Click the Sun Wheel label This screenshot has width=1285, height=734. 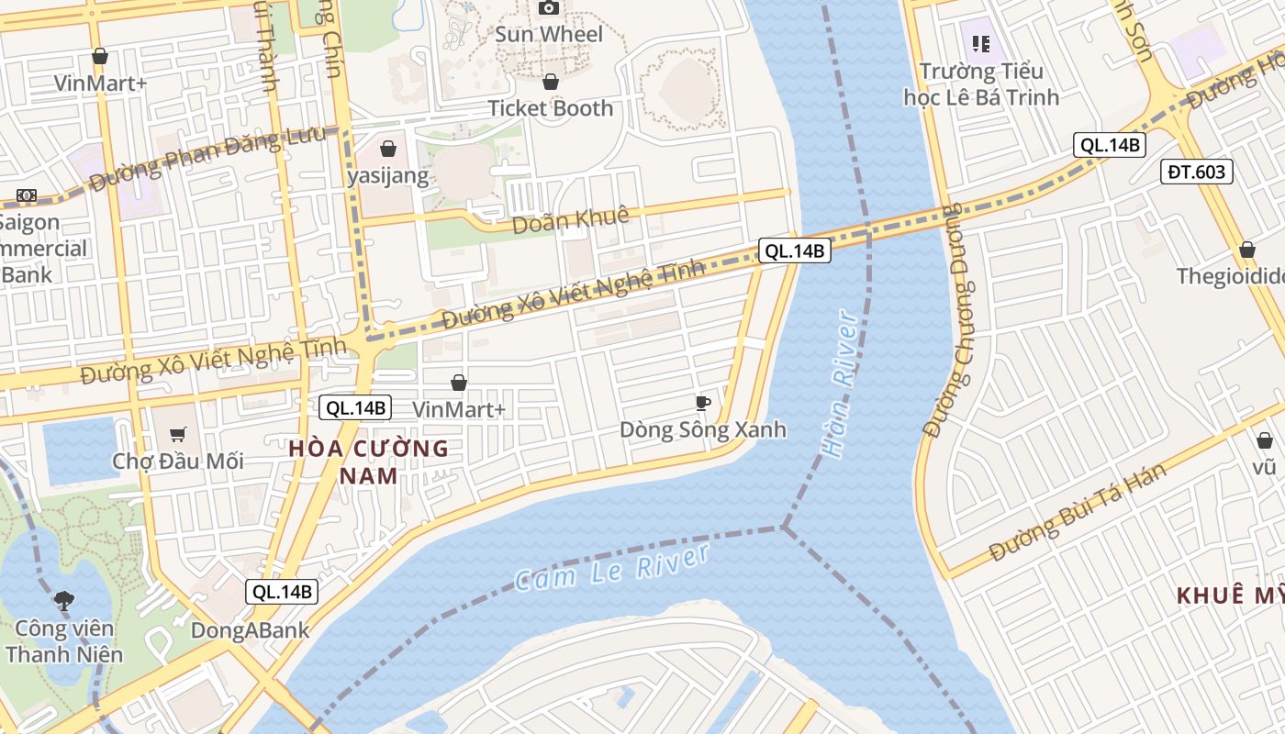(x=549, y=35)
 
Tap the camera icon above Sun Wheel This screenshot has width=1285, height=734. (x=549, y=8)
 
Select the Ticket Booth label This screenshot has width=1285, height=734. (x=550, y=108)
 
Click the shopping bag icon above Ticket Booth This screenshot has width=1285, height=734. (x=551, y=82)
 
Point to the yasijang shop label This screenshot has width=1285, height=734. (x=388, y=175)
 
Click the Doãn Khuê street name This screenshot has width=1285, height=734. (x=570, y=220)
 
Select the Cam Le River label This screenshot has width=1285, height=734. (x=612, y=566)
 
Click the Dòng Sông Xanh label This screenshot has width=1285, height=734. (x=702, y=429)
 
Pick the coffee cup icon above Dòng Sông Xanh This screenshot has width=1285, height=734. (x=702, y=403)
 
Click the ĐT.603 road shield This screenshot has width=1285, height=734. (x=1196, y=172)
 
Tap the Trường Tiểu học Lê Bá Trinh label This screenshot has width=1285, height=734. (x=981, y=84)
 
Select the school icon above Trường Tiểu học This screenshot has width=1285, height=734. (x=981, y=43)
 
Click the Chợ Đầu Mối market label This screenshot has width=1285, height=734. (x=178, y=461)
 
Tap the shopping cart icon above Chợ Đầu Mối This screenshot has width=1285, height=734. (x=178, y=434)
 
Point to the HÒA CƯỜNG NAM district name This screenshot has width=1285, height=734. (x=368, y=462)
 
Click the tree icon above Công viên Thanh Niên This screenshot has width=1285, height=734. (x=63, y=602)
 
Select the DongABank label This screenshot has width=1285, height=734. (x=250, y=630)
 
